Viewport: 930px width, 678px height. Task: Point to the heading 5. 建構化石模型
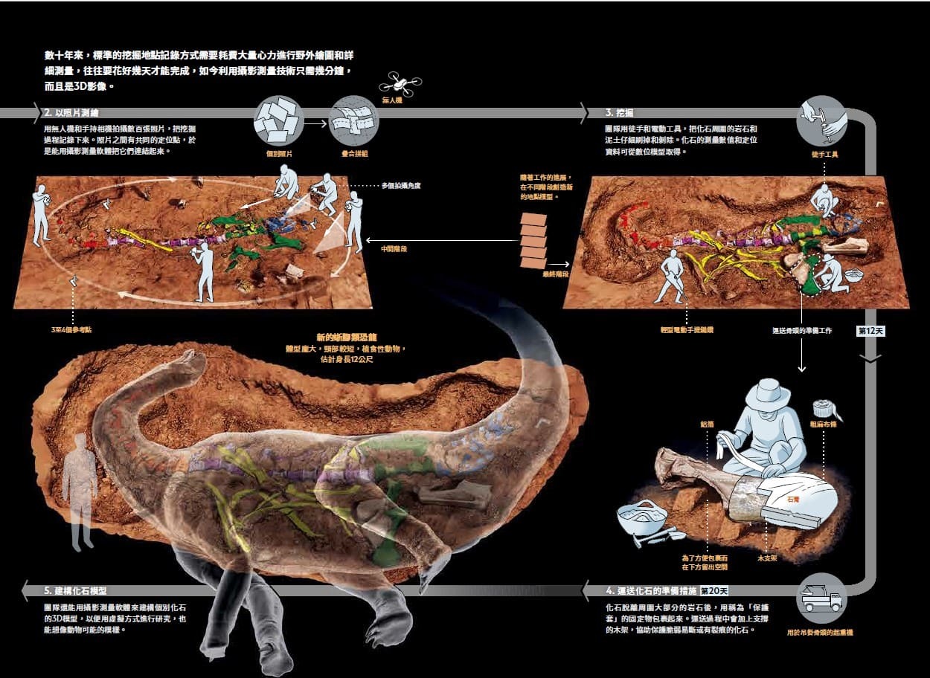pyautogui.click(x=75, y=591)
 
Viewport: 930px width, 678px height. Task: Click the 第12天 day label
pyautogui.click(x=869, y=331)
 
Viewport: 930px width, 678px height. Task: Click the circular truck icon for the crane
pyautogui.click(x=821, y=598)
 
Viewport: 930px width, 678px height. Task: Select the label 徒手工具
pyautogui.click(x=824, y=155)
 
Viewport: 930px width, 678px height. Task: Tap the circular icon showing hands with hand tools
pyautogui.click(x=821, y=120)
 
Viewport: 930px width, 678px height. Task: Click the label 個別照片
pyautogui.click(x=279, y=154)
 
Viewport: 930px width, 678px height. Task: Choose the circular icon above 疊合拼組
pyautogui.click(x=354, y=120)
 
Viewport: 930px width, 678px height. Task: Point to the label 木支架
pyautogui.click(x=767, y=557)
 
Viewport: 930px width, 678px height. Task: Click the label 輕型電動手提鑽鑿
pyautogui.click(x=685, y=329)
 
